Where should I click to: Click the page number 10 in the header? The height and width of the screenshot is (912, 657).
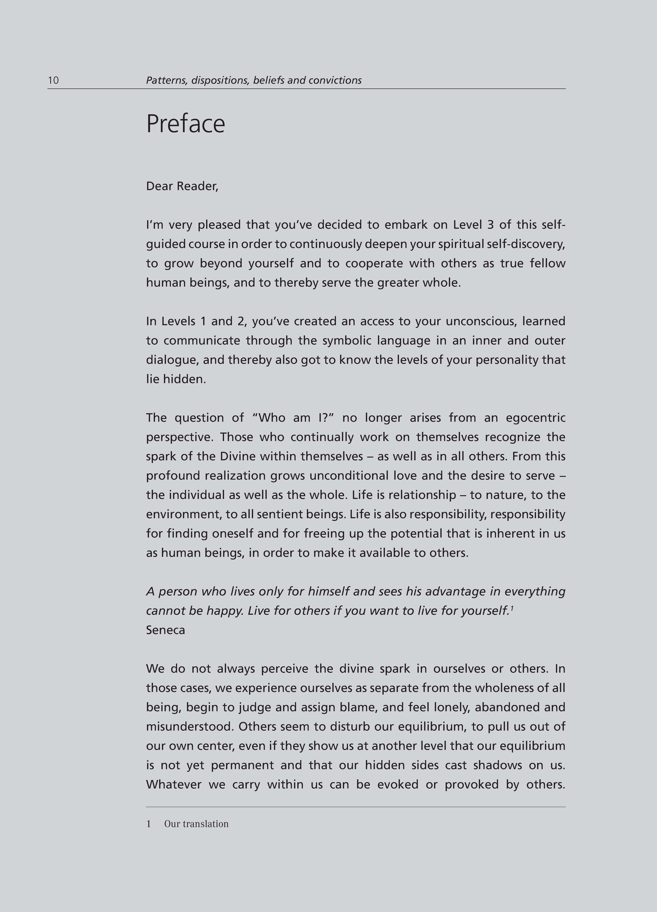tap(53, 80)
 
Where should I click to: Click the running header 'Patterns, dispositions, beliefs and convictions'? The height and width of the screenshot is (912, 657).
tap(253, 80)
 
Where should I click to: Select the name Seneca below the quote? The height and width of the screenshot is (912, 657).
tap(165, 630)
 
